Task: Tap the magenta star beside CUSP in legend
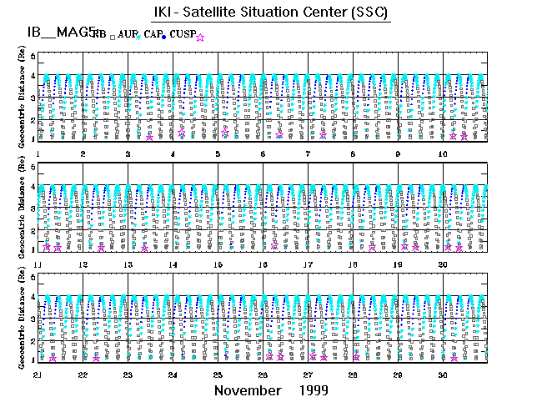pyautogui.click(x=200, y=37)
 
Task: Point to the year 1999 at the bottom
pyautogui.click(x=311, y=390)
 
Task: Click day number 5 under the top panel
pyautogui.click(x=217, y=155)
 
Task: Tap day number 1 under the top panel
pyautogui.click(x=38, y=155)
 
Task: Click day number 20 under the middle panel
pyautogui.click(x=444, y=265)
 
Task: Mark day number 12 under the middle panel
pyautogui.click(x=83, y=265)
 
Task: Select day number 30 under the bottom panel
pyautogui.click(x=444, y=375)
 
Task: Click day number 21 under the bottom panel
pyautogui.click(x=38, y=375)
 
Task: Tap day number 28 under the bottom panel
pyautogui.click(x=353, y=375)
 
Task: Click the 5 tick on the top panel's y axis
pyautogui.click(x=33, y=56)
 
